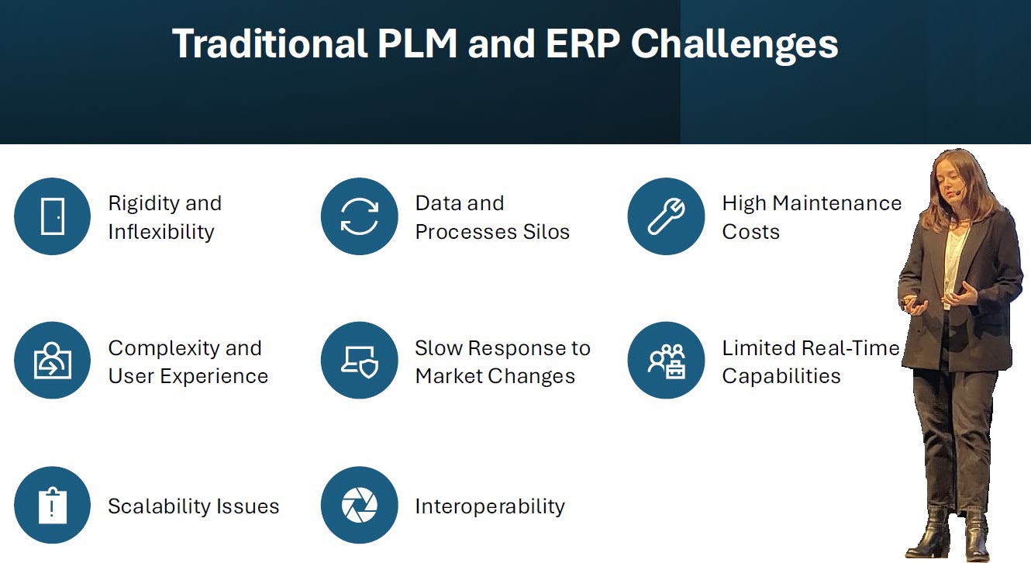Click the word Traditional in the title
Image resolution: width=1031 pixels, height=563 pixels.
pos(270,43)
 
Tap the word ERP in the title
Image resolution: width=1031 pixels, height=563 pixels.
pos(583,43)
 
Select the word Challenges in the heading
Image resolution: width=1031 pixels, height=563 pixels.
pos(735,45)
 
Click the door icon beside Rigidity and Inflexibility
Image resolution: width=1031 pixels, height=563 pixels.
pos(53,216)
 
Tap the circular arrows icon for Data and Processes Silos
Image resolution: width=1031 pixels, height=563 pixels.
pos(360,216)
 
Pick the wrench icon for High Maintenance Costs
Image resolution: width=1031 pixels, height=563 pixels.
pos(666,216)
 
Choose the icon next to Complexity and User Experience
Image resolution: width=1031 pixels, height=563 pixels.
pos(53,360)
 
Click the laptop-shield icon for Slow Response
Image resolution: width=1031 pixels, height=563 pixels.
pos(360,362)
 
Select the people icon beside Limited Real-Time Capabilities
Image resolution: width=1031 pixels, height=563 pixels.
pos(667,361)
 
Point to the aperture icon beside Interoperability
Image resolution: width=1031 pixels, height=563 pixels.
pos(360,505)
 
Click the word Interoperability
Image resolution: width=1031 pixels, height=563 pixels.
pos(490,507)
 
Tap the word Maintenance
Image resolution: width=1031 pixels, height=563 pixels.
pos(836,203)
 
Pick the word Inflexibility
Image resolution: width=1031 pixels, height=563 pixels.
pos(161,233)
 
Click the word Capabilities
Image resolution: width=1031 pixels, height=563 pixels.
pos(781,377)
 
